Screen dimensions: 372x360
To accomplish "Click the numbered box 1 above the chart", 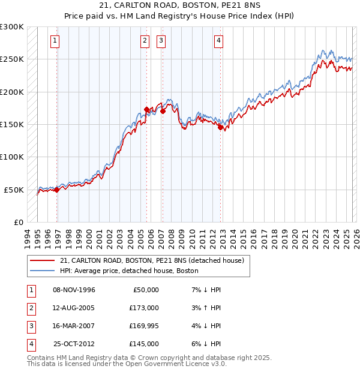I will coord(55,41).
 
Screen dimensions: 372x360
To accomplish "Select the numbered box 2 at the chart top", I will coord(145,41).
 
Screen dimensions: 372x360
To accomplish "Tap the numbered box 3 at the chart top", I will coord(161,41).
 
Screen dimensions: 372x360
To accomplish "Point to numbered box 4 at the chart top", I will coord(218,41).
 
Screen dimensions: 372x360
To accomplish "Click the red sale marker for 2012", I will coord(220,127).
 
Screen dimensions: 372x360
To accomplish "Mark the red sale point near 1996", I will coord(57,190).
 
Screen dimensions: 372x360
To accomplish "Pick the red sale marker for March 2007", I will coord(163,111).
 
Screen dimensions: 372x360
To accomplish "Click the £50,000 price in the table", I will coord(145,290).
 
